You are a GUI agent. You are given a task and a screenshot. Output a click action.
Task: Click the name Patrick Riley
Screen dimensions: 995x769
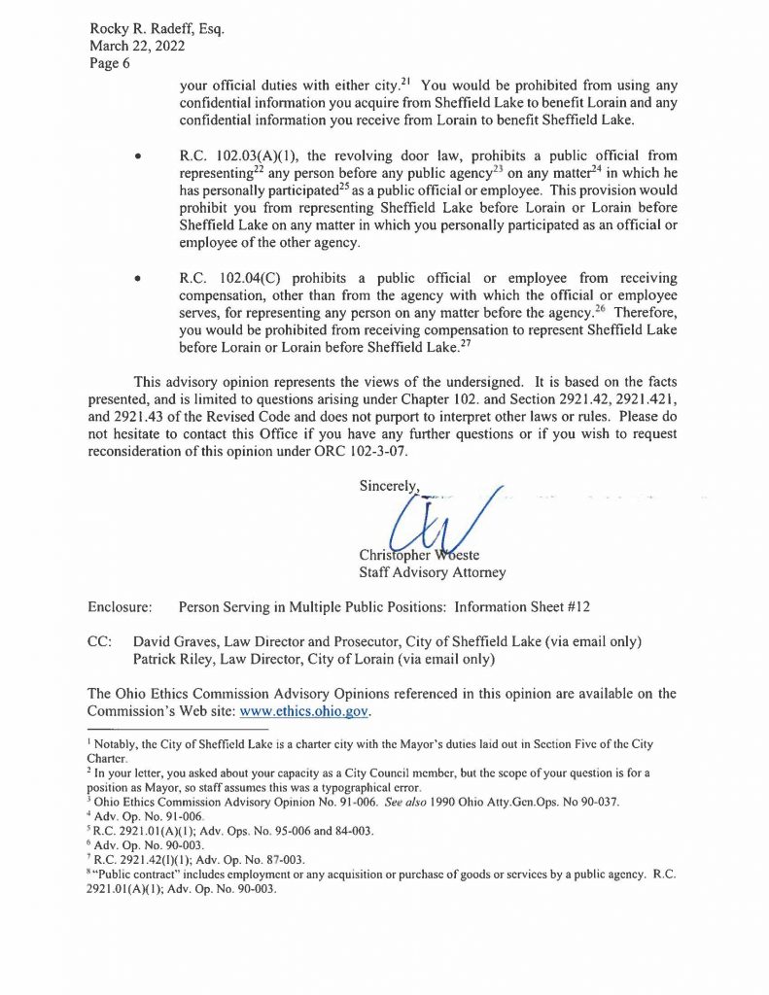click(175, 660)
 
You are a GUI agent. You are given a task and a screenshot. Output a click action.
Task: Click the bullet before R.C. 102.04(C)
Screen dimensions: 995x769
click(142, 278)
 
